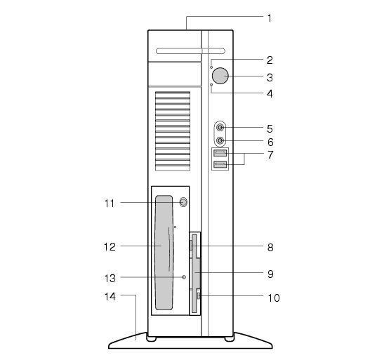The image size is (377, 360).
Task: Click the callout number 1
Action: pyautogui.click(x=270, y=18)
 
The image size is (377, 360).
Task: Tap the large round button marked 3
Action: pyautogui.click(x=220, y=76)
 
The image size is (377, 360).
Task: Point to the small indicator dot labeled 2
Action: pyautogui.click(x=211, y=67)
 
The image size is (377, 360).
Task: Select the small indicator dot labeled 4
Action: pyautogui.click(x=211, y=85)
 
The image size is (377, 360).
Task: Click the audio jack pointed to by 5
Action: pyautogui.click(x=220, y=127)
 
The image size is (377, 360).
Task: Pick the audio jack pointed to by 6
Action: pyautogui.click(x=220, y=140)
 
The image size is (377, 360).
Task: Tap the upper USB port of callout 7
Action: pyautogui.click(x=220, y=153)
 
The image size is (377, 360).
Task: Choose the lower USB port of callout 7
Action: pyautogui.click(x=220, y=165)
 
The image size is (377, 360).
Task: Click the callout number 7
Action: pyautogui.click(x=270, y=155)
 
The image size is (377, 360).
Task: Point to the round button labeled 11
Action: pyautogui.click(x=183, y=202)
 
